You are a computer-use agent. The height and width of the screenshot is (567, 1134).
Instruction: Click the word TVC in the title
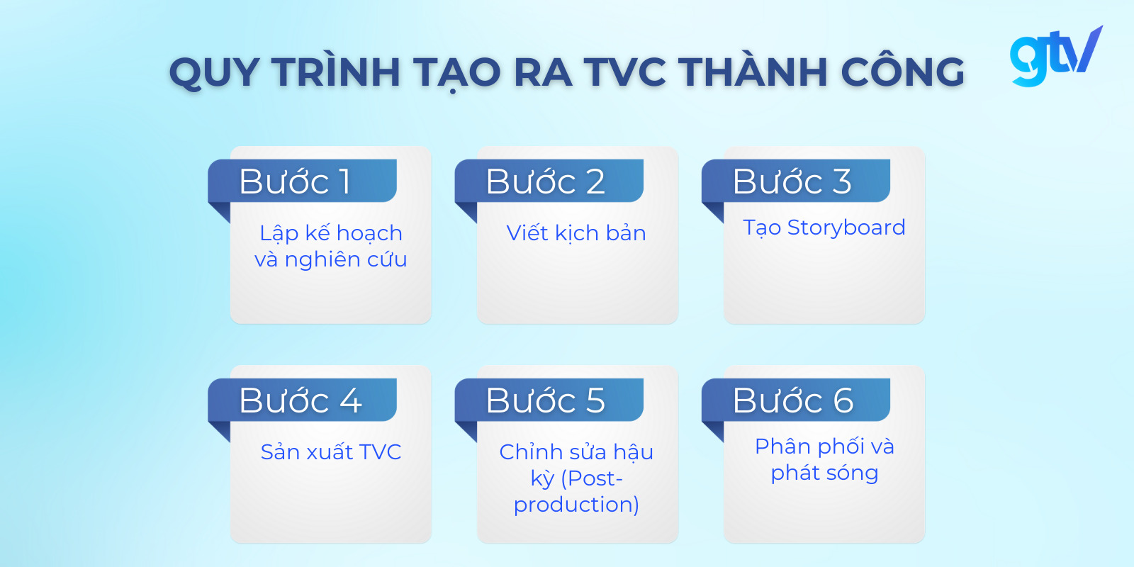625,72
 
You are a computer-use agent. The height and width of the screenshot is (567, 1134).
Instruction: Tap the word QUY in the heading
214,72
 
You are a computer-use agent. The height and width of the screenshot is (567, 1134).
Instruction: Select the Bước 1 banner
302,181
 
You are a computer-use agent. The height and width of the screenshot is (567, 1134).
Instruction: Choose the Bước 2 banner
549,181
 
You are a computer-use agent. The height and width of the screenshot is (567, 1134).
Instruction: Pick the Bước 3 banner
795,181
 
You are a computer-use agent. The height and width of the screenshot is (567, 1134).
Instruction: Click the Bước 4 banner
302,400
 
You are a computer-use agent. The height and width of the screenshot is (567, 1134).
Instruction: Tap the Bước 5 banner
549,400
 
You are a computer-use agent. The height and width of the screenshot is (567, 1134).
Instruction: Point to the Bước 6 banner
795,400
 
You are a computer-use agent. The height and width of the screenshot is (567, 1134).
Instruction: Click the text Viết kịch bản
576,232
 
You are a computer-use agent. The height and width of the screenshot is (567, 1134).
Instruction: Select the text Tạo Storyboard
824,228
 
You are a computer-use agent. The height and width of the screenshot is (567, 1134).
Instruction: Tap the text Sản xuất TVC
331,451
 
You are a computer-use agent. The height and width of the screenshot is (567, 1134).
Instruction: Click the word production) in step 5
576,504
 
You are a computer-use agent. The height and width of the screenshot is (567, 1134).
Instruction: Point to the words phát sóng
824,473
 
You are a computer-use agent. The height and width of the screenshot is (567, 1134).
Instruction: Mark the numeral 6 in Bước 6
843,400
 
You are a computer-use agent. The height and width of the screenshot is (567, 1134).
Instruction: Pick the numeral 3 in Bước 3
841,181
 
